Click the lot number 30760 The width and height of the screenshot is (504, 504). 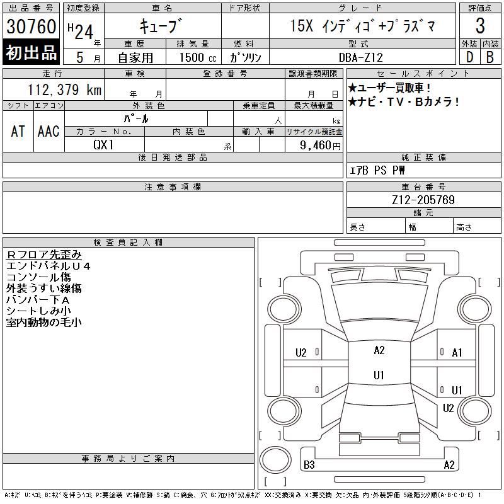click(x=31, y=26)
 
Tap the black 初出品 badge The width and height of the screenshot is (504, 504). click(x=31, y=52)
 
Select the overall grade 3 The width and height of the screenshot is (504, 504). click(x=480, y=26)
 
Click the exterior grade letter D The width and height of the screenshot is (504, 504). click(x=469, y=57)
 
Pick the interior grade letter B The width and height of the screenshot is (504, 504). click(x=490, y=57)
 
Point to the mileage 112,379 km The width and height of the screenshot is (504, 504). click(x=64, y=89)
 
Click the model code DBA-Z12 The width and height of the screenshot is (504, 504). click(x=361, y=57)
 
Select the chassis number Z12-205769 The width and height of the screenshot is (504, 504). click(x=423, y=200)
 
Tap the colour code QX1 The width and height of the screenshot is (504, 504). click(x=103, y=145)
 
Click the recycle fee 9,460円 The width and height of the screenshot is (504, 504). click(x=320, y=146)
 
